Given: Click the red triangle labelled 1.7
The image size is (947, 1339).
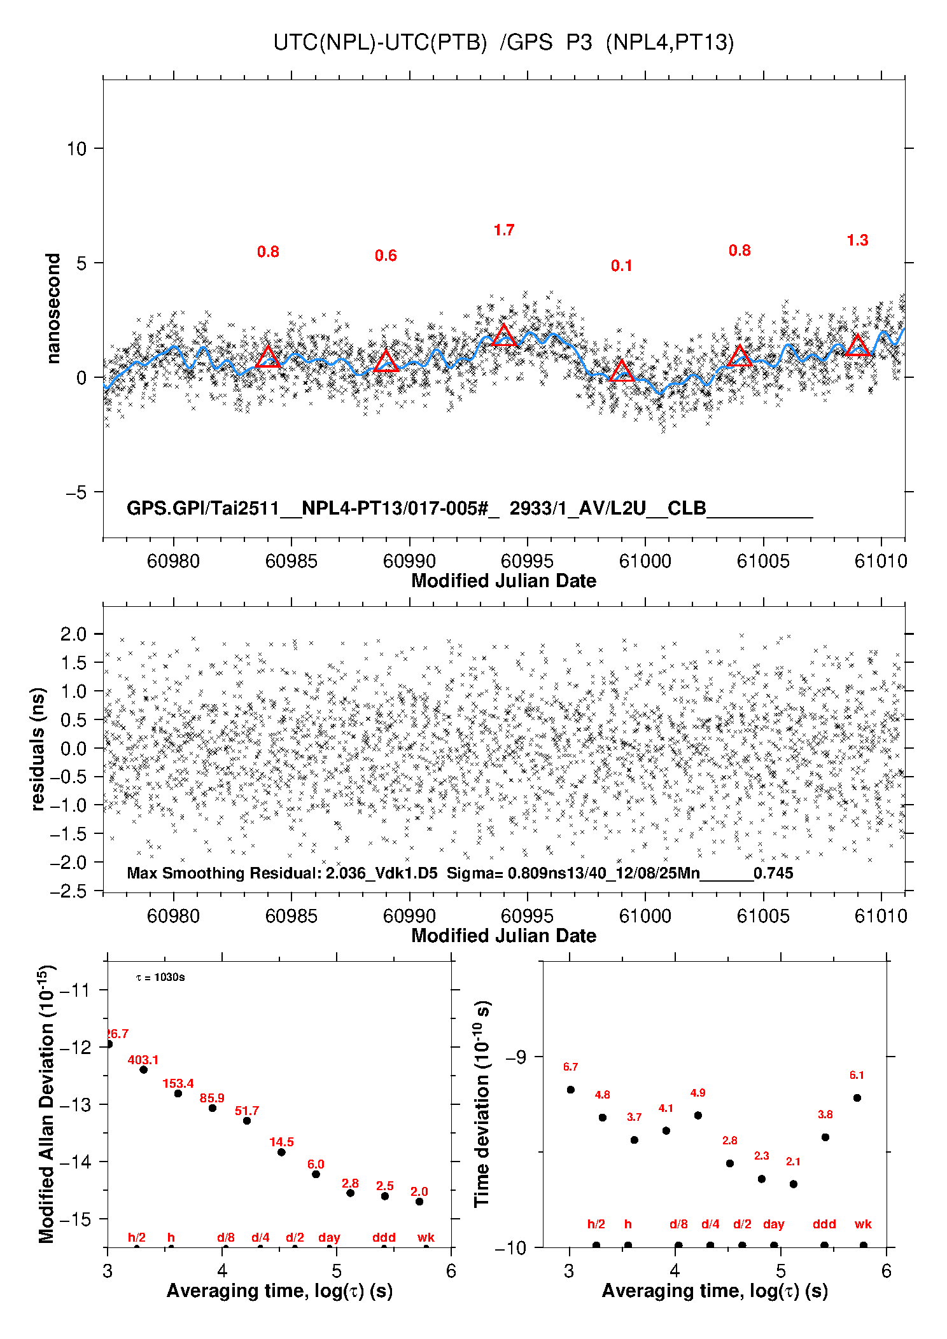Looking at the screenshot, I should pyautogui.click(x=504, y=336).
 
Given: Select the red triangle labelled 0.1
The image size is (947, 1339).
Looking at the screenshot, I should pyautogui.click(x=622, y=371).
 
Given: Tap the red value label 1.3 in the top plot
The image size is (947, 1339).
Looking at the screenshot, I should pyautogui.click(x=857, y=240).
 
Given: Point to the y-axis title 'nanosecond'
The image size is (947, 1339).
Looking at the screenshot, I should pyautogui.click(x=53, y=309).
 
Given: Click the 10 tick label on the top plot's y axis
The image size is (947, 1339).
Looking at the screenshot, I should pyautogui.click(x=76, y=149).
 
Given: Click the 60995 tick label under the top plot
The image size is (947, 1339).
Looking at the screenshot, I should pyautogui.click(x=527, y=561).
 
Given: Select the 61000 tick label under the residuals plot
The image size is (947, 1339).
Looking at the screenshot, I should pyautogui.click(x=645, y=916).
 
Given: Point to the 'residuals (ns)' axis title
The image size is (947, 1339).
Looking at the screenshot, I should pyautogui.click(x=38, y=749).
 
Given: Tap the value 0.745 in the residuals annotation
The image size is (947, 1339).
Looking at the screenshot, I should pyautogui.click(x=773, y=873).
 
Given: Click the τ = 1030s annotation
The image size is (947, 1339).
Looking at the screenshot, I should pyautogui.click(x=160, y=977).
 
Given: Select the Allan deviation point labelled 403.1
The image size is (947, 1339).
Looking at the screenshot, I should pyautogui.click(x=144, y=1069).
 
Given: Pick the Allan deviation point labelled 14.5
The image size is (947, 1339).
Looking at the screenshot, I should pyautogui.click(x=281, y=1152).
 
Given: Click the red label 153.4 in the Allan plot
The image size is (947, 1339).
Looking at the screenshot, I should pyautogui.click(x=178, y=1083).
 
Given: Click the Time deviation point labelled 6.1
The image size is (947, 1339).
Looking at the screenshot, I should pyautogui.click(x=857, y=1098).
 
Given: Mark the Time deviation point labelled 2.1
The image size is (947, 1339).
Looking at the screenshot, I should pyautogui.click(x=793, y=1184).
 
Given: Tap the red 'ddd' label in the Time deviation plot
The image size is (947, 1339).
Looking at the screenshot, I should pyautogui.click(x=824, y=1224).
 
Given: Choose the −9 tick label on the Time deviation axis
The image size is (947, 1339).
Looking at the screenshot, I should pyautogui.click(x=516, y=1057).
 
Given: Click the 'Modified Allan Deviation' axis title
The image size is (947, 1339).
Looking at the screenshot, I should pyautogui.click(x=47, y=1104).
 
